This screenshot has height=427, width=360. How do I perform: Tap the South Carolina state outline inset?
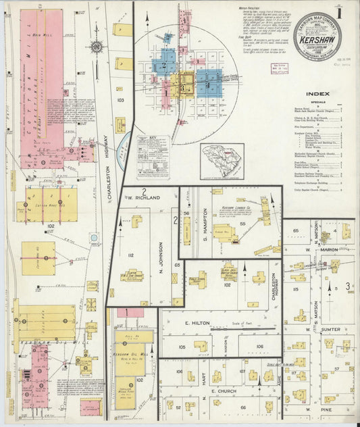click(222, 160)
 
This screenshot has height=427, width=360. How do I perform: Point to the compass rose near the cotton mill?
click(96, 47)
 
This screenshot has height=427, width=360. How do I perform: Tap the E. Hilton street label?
click(197, 324)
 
